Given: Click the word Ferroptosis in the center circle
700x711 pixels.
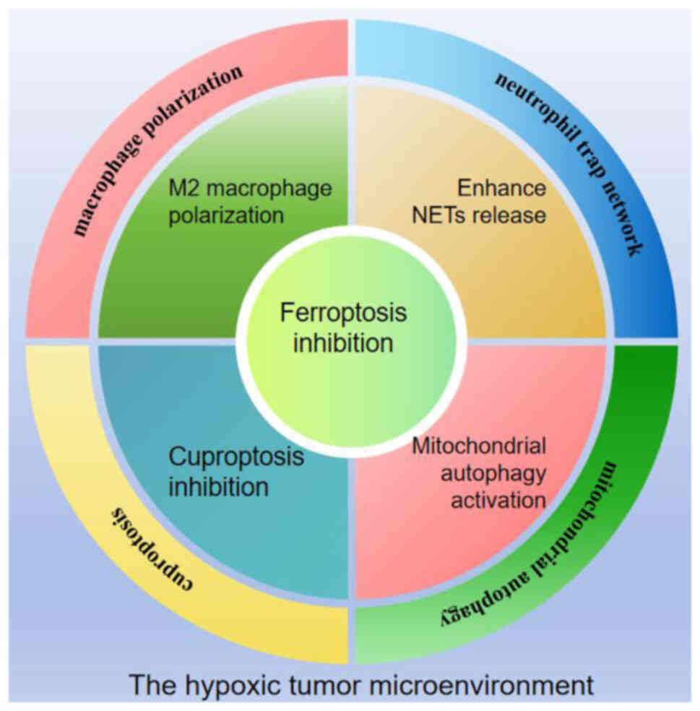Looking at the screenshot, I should pyautogui.click(x=343, y=314).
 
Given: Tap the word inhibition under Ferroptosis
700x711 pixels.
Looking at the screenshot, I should pyautogui.click(x=343, y=342).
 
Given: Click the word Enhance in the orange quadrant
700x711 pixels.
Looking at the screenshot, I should pyautogui.click(x=502, y=189).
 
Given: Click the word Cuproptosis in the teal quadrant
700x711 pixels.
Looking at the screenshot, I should pyautogui.click(x=236, y=457).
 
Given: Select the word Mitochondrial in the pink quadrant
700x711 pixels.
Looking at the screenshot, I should pyautogui.click(x=478, y=446).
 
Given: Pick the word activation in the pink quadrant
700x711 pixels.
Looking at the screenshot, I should pyautogui.click(x=498, y=500).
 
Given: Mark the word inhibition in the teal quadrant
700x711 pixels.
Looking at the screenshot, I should pyautogui.click(x=218, y=486).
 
